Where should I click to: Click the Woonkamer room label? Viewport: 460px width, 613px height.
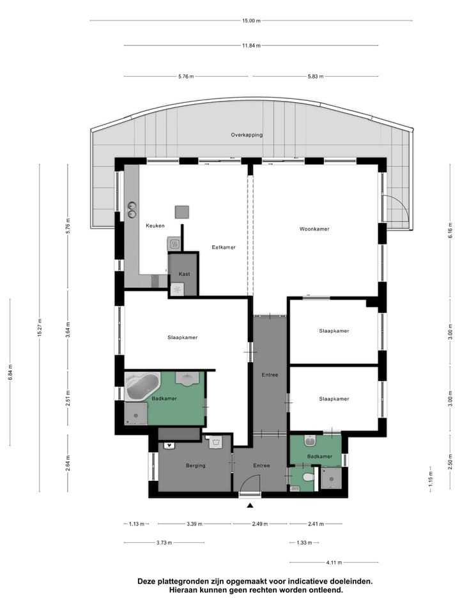(x=314, y=229)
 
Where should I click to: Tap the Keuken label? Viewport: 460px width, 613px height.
(x=155, y=225)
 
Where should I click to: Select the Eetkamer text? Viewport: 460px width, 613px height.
(x=224, y=247)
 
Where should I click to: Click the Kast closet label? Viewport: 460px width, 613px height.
(x=184, y=274)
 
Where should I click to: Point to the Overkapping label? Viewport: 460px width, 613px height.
(x=247, y=135)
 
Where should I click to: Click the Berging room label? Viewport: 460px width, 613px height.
(x=195, y=465)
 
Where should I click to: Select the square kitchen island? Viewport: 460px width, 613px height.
(x=183, y=212)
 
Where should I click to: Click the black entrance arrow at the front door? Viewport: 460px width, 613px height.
(x=250, y=505)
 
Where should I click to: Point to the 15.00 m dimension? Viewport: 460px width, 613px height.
(x=252, y=20)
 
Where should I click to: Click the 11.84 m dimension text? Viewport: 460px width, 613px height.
(x=250, y=45)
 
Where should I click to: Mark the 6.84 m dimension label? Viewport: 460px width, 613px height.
(x=10, y=372)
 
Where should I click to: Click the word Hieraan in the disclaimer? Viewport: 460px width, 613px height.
(x=184, y=591)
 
